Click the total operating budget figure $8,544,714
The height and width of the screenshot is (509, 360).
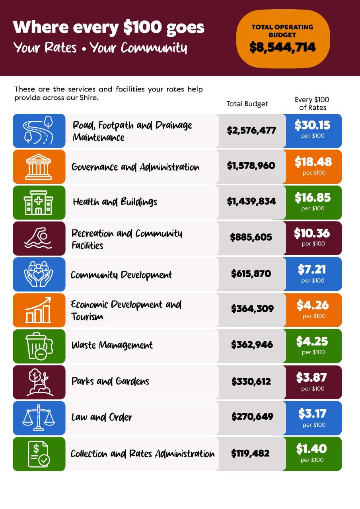pos(282,47)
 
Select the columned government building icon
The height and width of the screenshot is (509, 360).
pos(39,167)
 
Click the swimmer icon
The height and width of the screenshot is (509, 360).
pos(38,238)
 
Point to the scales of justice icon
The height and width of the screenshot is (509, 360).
pos(39,418)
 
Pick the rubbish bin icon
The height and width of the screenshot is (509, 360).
pos(39,346)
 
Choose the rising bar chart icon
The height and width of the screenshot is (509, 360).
pos(38,310)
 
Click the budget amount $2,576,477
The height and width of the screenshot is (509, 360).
pos(251,130)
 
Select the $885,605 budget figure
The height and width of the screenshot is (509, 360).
pos(251,237)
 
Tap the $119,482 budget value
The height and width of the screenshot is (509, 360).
pos(250,453)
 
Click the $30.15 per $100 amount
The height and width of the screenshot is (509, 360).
pos(313,125)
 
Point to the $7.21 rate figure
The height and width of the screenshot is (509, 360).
pos(312,269)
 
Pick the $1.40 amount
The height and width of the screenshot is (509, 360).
pos(311,449)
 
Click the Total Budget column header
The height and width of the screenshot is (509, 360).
pos(247,104)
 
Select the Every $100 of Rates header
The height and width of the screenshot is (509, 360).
pos(312,103)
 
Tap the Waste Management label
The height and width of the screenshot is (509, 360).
pos(112,345)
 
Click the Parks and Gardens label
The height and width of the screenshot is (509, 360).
pos(110,381)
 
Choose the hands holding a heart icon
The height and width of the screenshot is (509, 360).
pos(39,274)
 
